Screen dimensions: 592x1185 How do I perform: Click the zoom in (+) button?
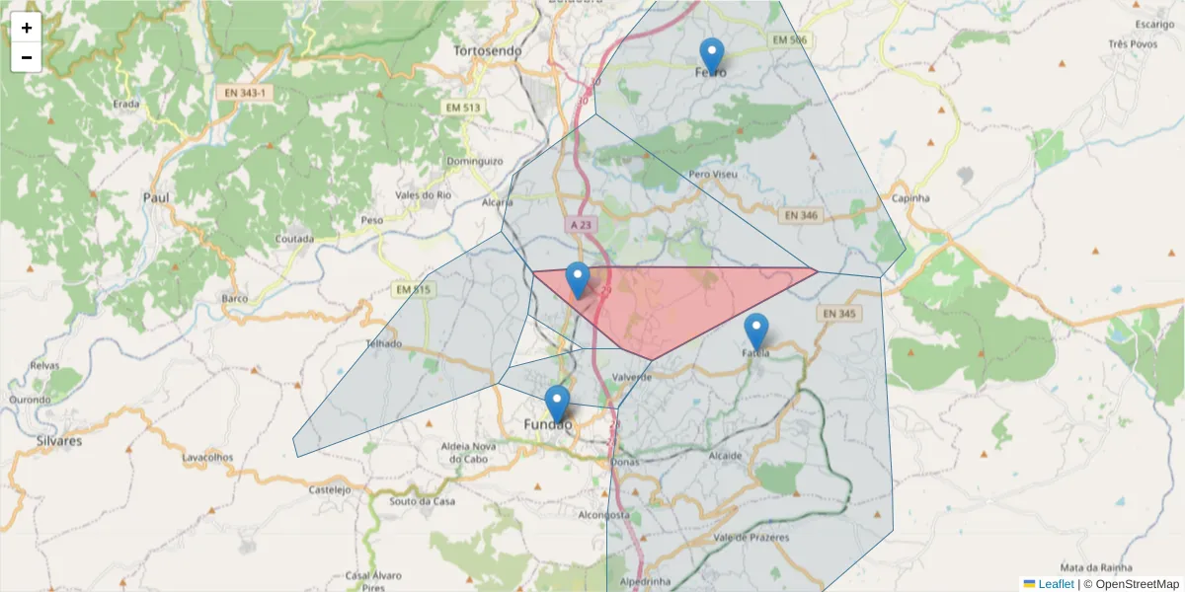click(27, 28)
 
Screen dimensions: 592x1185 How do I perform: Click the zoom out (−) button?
click(27, 57)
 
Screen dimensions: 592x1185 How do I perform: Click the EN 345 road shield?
click(837, 314)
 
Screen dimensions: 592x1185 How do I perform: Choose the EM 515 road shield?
click(413, 289)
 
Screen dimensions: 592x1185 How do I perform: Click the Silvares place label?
click(59, 441)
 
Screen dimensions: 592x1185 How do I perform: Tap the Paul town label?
click(156, 197)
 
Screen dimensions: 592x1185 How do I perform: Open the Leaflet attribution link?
click(1056, 584)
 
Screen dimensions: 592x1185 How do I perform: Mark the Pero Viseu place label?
click(714, 174)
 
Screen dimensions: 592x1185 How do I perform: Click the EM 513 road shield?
click(462, 108)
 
